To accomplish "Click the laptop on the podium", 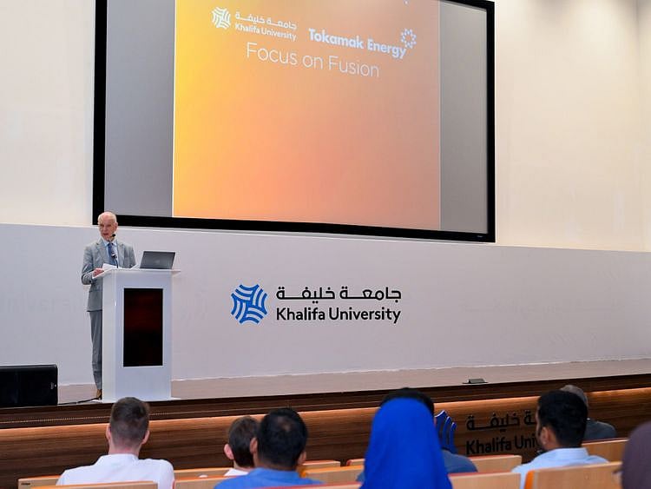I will [157, 260].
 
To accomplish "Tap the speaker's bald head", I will [108, 223].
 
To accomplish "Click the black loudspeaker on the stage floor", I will [29, 385].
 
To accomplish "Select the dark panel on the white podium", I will [142, 327].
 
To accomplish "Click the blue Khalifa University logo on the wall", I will [249, 304].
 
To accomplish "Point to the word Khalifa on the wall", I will [298, 314].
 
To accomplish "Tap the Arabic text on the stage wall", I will [339, 294].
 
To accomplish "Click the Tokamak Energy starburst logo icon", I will [408, 37].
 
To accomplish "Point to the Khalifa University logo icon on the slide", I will [221, 18].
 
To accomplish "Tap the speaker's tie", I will [111, 253].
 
